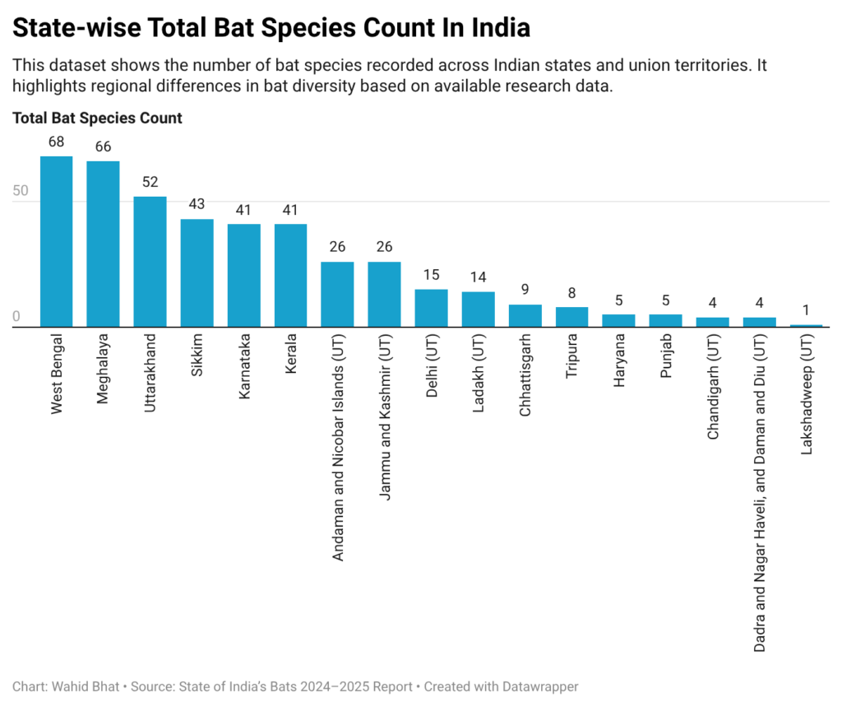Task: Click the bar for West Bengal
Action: (x=57, y=242)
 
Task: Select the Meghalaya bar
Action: (x=104, y=244)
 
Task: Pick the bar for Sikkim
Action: (x=197, y=273)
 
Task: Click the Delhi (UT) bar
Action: (x=431, y=309)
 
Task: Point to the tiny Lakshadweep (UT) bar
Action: (x=806, y=326)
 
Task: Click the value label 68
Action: (x=57, y=142)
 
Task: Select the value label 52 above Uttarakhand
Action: (x=150, y=182)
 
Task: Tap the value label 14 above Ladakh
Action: (x=478, y=277)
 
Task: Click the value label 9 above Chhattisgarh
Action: (x=525, y=290)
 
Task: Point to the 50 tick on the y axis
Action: (x=21, y=191)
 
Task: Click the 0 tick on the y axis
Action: (x=16, y=317)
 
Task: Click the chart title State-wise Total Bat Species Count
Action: (x=271, y=28)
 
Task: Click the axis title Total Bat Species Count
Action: (x=97, y=119)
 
